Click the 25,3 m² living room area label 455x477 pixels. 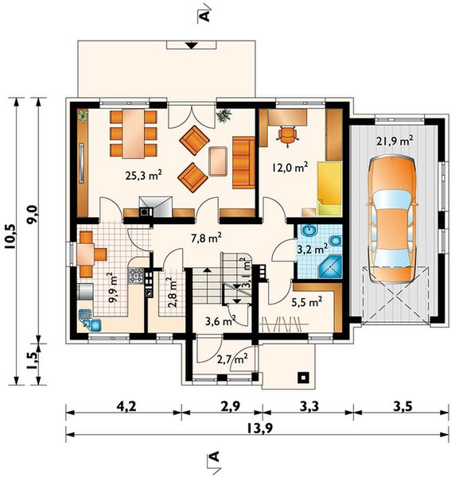tap(143, 176)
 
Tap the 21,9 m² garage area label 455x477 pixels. tap(395, 141)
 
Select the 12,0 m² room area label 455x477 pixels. tap(290, 167)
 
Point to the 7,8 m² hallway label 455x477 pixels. tap(206, 238)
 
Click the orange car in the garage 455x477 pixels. tap(392, 219)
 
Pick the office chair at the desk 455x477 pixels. tap(287, 135)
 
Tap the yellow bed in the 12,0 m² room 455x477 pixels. tap(329, 188)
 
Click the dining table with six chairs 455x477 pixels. tap(134, 134)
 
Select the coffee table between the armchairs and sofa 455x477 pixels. tap(218, 161)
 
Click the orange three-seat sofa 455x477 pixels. tap(243, 163)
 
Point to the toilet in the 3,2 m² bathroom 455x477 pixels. tap(335, 241)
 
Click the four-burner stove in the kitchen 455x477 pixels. tap(135, 276)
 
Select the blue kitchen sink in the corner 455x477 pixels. tap(90, 320)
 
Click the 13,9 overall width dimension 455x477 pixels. tap(259, 429)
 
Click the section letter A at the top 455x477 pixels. tap(206, 15)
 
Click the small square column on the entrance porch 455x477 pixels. tap(303, 378)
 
